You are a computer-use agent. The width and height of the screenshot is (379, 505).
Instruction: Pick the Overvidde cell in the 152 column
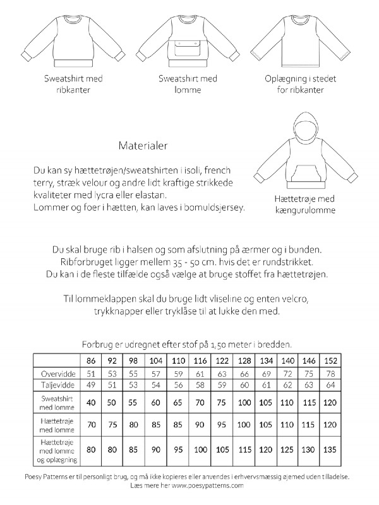[x=330, y=373]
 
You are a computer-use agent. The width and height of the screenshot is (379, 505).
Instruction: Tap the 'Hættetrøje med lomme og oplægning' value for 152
[x=330, y=451]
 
